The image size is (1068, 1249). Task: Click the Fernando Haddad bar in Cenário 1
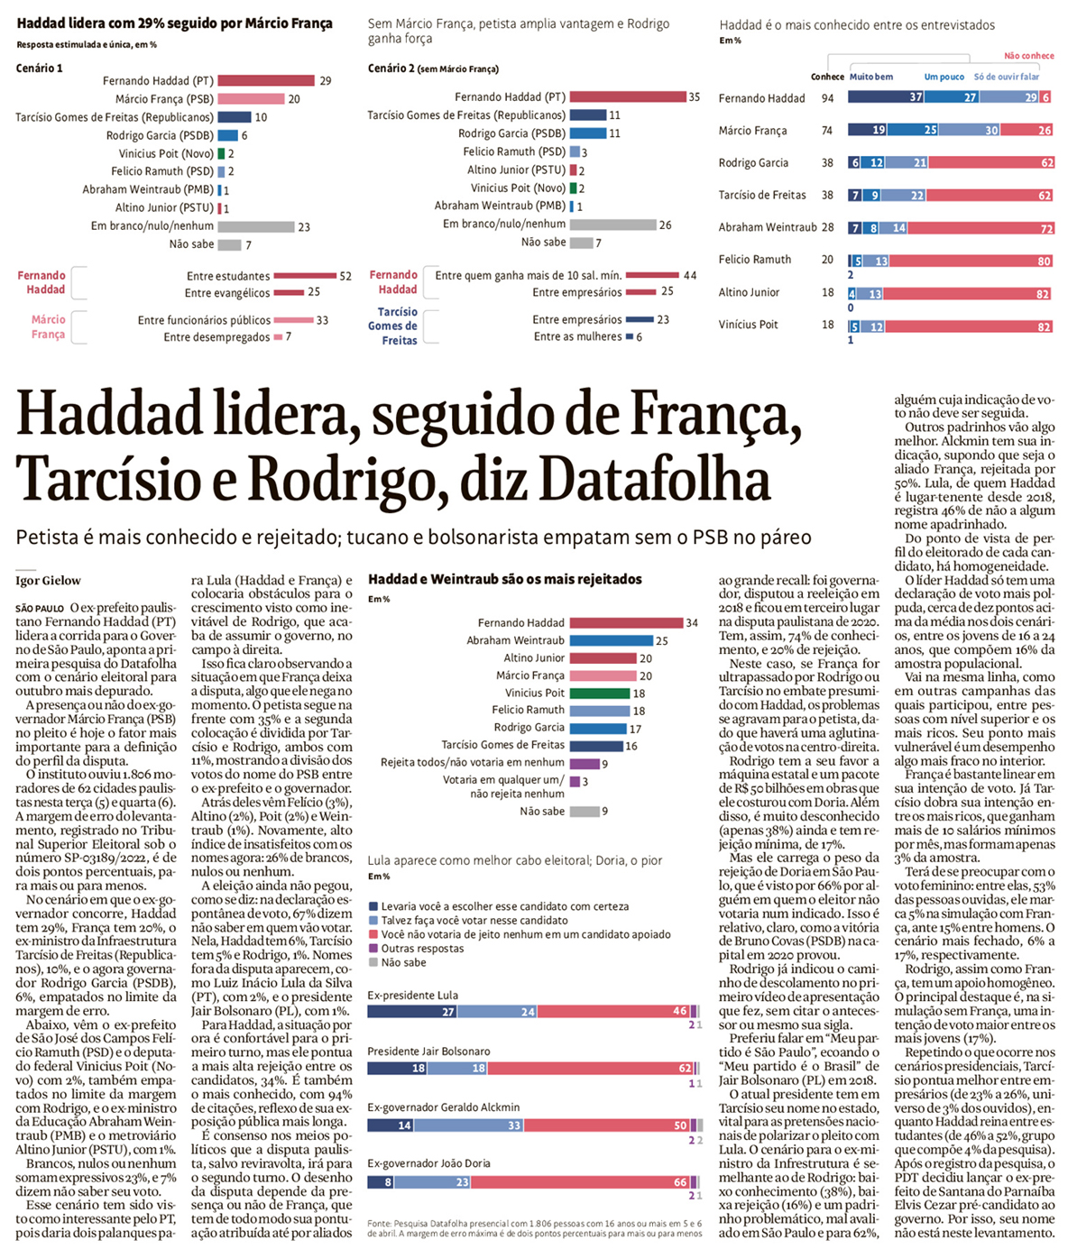[266, 81]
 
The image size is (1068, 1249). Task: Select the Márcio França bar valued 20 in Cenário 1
[251, 99]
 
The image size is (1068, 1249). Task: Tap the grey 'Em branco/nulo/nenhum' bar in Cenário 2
[612, 225]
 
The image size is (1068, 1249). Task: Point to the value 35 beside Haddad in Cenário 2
[694, 97]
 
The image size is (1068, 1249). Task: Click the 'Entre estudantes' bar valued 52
[305, 276]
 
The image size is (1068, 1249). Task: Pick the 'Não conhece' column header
[1028, 56]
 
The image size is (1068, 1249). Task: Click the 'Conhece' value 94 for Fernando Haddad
[827, 98]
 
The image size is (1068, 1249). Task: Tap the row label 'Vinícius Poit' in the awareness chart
[748, 325]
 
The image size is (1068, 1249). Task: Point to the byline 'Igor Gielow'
[48, 581]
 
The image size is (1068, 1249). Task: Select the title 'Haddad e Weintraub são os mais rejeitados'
[504, 579]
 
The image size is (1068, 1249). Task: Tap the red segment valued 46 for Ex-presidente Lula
[613, 1012]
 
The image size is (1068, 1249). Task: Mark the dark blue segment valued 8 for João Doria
[380, 1182]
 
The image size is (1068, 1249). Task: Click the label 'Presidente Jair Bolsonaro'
[428, 1052]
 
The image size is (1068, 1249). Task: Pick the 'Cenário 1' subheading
[39, 69]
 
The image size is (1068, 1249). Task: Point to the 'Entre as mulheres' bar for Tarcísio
[630, 337]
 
